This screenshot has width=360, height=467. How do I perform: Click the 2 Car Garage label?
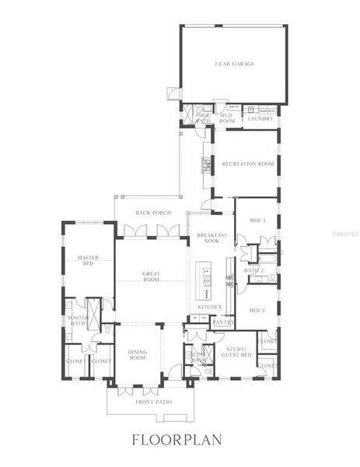tap(235, 64)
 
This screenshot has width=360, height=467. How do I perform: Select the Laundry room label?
tap(260, 118)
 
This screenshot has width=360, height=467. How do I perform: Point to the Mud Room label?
tap(227, 118)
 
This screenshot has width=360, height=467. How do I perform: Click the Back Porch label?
tap(153, 212)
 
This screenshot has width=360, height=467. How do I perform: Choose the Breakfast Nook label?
tap(211, 238)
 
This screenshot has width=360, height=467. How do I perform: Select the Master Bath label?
tap(77, 321)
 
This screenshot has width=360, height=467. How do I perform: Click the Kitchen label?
tap(210, 307)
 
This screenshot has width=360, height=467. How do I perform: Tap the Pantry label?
tap(223, 321)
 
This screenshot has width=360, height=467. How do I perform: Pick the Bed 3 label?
tap(257, 220)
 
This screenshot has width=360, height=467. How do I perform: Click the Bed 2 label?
tap(257, 309)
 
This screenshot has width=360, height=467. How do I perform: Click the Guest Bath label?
tap(197, 357)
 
